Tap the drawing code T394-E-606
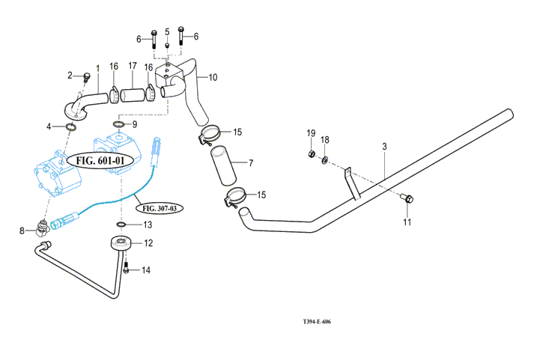[x=317, y=322]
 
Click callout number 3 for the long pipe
[x=384, y=147]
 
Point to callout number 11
[x=407, y=222]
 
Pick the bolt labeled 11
[x=407, y=198]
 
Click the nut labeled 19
[x=310, y=155]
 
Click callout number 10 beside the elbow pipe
[x=213, y=77]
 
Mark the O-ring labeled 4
[x=71, y=127]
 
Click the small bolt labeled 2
[x=87, y=76]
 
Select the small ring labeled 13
[x=122, y=224]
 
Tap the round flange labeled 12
[x=121, y=243]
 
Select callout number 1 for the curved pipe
[x=97, y=68]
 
